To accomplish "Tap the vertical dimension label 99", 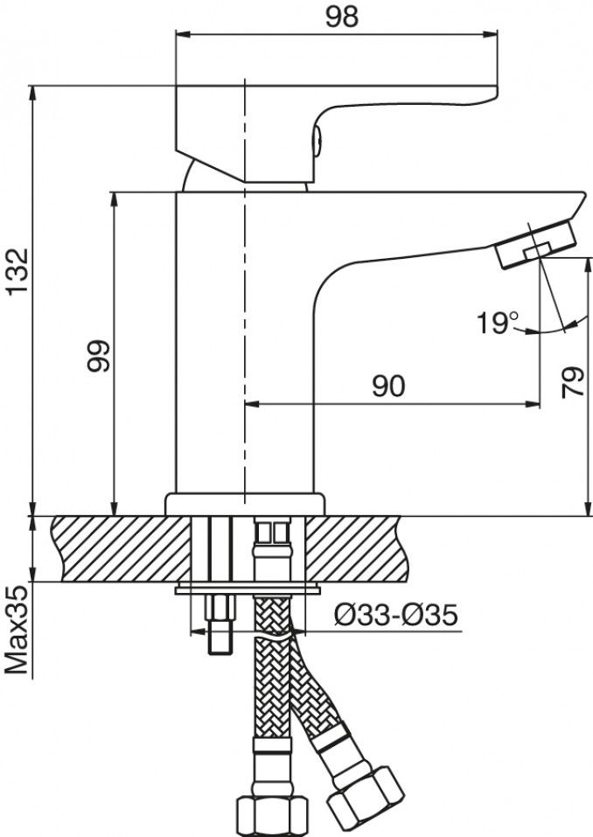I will (x=98, y=354).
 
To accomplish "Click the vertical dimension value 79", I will (x=573, y=381).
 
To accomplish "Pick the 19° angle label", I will (x=499, y=324).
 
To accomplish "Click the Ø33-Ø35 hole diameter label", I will (x=396, y=617).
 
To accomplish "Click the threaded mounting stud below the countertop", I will (x=218, y=624).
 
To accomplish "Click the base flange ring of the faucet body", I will (x=246, y=504).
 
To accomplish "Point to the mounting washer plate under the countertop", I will (x=246, y=589).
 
